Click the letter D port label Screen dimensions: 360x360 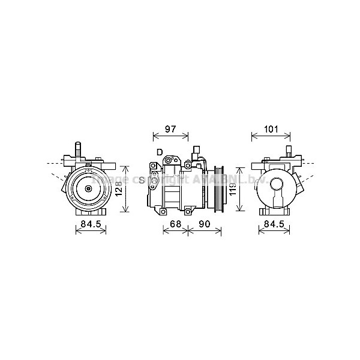pos(159,152)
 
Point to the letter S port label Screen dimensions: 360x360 pos(142,180)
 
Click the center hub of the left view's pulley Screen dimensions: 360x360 pos(88,189)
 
